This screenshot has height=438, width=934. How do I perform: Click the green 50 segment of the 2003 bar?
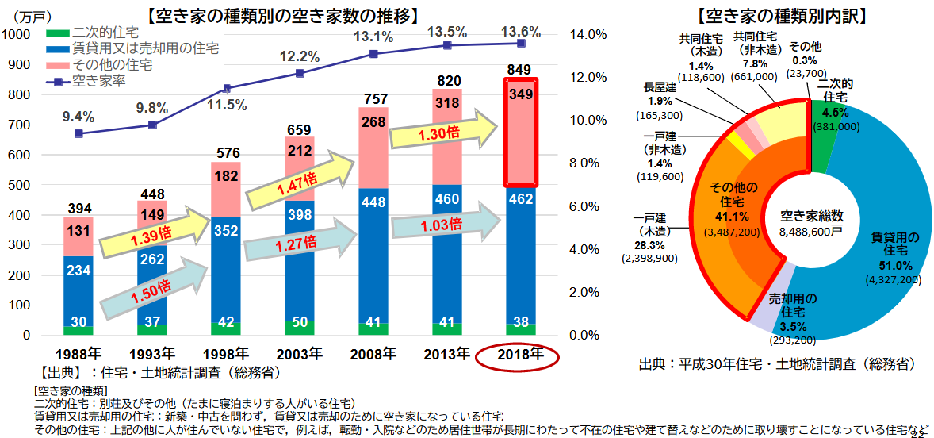[299, 327]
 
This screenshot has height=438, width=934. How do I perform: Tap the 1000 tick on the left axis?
[17, 34]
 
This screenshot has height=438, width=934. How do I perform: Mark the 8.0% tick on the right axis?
[587, 163]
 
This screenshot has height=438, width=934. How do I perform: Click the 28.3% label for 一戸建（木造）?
[649, 245]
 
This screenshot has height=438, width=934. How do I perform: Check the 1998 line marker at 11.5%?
[227, 88]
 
